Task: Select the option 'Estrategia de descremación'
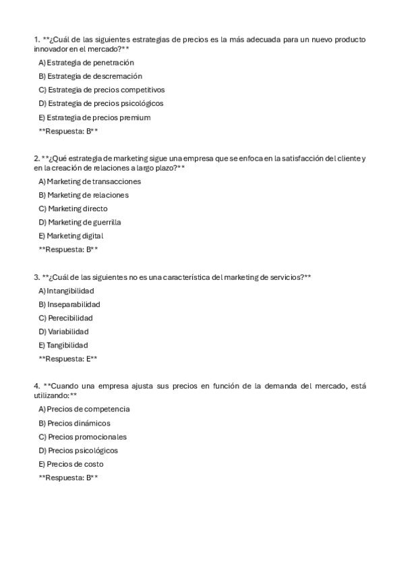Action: pos(90,76)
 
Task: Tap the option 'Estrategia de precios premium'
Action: pos(94,117)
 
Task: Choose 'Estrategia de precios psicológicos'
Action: pos(101,103)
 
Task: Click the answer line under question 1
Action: pos(68,131)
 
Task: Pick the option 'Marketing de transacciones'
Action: pos(90,181)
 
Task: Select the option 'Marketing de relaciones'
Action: pos(84,195)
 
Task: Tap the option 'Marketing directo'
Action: pos(73,208)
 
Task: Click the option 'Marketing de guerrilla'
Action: pos(80,222)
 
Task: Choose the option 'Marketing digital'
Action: pos(71,236)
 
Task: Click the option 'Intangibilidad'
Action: pos(66,291)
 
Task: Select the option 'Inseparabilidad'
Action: pos(69,304)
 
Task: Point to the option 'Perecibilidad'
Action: pos(65,318)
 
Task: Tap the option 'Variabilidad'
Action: pos(63,331)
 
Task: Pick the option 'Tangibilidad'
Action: pos(63,345)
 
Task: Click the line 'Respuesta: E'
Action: pos(68,359)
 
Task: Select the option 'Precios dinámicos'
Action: pos(74,423)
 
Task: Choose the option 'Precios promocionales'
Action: pos(82,436)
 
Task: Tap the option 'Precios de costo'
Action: pos(71,464)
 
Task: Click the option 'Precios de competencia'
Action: pos(84,409)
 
